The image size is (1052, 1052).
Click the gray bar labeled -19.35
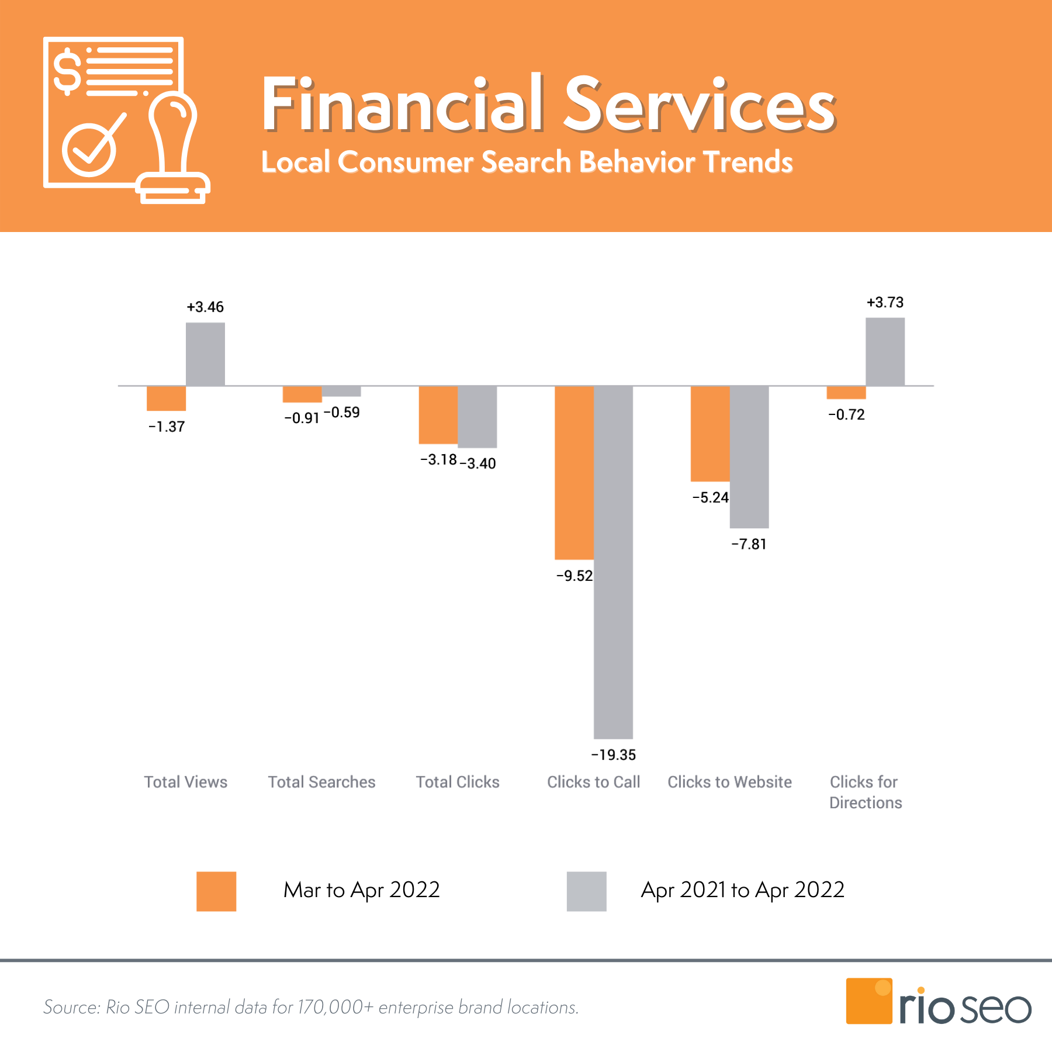pos(613,562)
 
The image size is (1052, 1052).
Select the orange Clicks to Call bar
pos(574,472)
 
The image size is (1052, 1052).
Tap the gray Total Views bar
pos(205,354)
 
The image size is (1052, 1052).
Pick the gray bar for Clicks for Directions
pos(885,352)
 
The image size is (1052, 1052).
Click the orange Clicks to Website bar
pos(710,434)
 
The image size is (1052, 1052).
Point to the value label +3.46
pos(205,307)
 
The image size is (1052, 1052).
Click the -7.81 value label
pos(749,544)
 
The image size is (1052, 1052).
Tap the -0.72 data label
pos(846,414)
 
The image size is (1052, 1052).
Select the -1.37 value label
pos(167,427)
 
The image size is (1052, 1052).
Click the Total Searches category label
pos(321,782)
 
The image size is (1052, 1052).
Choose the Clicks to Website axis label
pos(729,782)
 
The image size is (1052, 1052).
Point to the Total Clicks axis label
pos(458,782)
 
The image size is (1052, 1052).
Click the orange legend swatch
pos(216,891)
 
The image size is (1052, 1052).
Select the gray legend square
pos(586,891)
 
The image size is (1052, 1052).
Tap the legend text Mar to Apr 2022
pos(361,890)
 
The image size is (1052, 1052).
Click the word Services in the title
pos(699,105)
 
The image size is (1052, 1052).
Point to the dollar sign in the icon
pos(67,72)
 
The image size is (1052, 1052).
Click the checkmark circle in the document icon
pos(89,150)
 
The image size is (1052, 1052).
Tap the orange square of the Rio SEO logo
pos(868,1001)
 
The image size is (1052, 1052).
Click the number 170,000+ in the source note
pos(335,1007)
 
